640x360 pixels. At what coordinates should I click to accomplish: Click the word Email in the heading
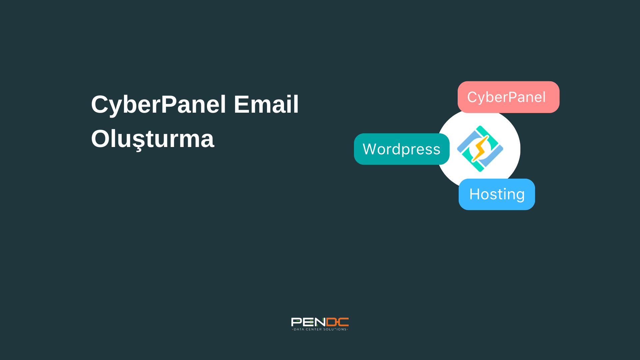(x=266, y=104)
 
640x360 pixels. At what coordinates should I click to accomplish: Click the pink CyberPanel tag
(x=508, y=97)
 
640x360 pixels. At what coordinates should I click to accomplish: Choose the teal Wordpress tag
(x=402, y=149)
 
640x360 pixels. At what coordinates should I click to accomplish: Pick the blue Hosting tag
(x=497, y=194)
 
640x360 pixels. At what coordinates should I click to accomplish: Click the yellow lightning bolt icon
(x=479, y=149)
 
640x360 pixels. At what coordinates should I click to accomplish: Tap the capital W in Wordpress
(x=370, y=149)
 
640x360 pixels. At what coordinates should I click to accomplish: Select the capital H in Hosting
(x=474, y=194)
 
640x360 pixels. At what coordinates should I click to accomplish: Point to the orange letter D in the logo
(x=332, y=322)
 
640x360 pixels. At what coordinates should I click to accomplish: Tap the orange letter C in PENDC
(x=343, y=322)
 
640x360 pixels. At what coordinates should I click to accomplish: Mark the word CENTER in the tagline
(x=314, y=329)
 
